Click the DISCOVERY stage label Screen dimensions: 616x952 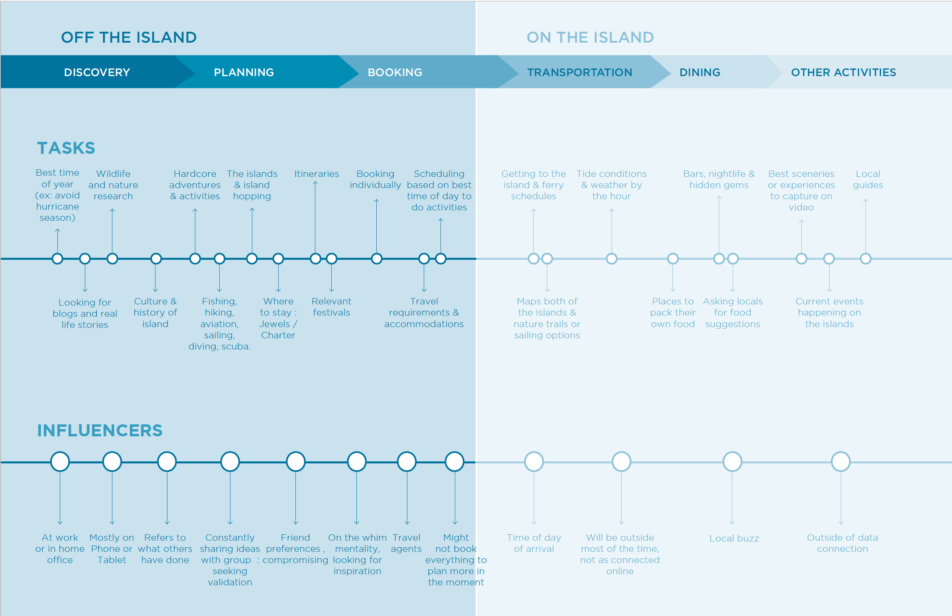(97, 73)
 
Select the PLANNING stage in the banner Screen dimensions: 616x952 (244, 73)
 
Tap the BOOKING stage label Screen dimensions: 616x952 (395, 73)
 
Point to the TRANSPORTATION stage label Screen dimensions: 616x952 (580, 73)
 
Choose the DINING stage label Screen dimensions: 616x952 (700, 73)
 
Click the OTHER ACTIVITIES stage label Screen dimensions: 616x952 (843, 73)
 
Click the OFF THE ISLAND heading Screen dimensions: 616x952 (129, 37)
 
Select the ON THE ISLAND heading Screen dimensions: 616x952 (590, 37)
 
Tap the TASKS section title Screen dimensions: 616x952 (66, 148)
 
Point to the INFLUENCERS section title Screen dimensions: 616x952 (100, 430)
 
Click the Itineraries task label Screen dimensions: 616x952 (317, 174)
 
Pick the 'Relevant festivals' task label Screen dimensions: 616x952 (331, 306)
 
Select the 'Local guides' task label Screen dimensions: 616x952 (867, 179)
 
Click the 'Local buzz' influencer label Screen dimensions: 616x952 (734, 538)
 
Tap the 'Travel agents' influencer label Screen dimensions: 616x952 (406, 543)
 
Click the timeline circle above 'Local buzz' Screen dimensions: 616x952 (732, 462)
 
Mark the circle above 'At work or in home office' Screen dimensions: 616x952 (60, 462)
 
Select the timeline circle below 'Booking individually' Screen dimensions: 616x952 (376, 259)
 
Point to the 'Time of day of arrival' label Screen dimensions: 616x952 (533, 543)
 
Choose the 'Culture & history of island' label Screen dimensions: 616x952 (155, 312)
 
